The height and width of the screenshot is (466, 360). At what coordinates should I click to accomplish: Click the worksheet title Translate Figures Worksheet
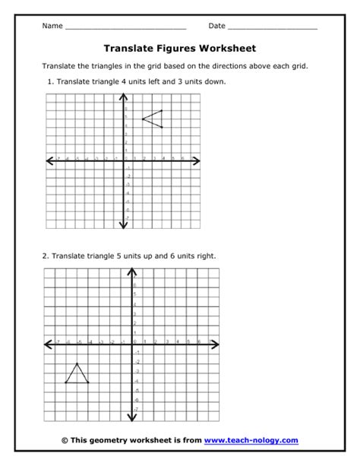[x=179, y=48]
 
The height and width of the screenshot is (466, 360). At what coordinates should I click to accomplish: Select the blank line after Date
[x=273, y=27]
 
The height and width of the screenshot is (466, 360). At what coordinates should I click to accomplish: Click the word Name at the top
[x=52, y=26]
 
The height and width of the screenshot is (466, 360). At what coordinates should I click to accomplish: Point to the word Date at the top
[x=217, y=26]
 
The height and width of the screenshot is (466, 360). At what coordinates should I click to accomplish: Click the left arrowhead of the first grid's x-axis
[x=49, y=160]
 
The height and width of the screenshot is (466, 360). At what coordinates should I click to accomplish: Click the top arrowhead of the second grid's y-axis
[x=134, y=271]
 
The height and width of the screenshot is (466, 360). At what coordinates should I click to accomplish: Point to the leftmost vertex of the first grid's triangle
[x=143, y=119]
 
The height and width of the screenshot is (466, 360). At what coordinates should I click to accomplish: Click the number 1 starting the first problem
[x=49, y=81]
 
